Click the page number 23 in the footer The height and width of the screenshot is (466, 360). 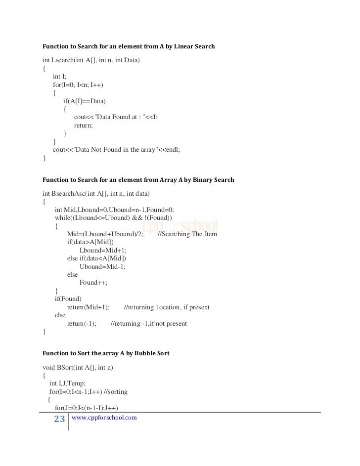point(59,420)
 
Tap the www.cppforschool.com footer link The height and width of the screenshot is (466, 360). point(104,418)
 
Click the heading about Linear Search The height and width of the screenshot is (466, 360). point(129,46)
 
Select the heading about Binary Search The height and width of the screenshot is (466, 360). point(138,180)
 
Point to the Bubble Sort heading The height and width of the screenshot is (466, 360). point(106,353)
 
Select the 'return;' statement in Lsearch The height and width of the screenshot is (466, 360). point(84,126)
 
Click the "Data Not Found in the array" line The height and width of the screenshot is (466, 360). point(117,150)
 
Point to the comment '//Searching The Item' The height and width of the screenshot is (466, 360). point(187,234)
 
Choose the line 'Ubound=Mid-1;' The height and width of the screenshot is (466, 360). point(102,266)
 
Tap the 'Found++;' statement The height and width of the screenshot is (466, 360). point(93,283)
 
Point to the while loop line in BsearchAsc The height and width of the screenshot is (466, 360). point(113,217)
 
